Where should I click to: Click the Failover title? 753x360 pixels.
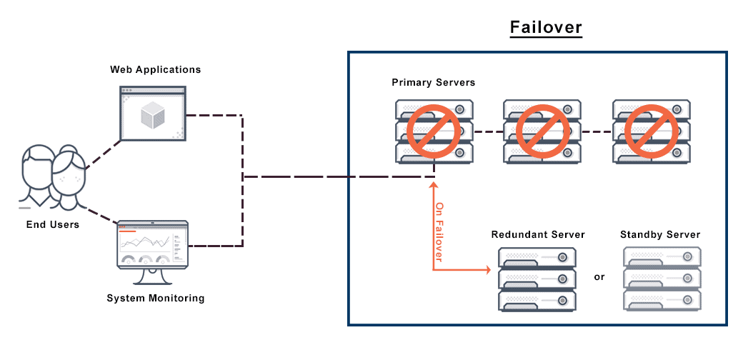(546, 28)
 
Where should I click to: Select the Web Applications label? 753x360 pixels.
(155, 69)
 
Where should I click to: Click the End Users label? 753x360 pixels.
(53, 224)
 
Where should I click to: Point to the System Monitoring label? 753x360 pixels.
(155, 298)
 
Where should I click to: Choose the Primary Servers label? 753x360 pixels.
(433, 82)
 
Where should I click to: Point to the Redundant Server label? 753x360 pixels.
(538, 234)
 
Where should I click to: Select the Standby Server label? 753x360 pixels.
(660, 234)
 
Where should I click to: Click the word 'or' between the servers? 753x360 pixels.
(599, 276)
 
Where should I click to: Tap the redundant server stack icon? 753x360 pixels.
(538, 280)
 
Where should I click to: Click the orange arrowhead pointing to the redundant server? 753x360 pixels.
(489, 271)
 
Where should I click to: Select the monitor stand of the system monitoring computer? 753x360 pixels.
(152, 277)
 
